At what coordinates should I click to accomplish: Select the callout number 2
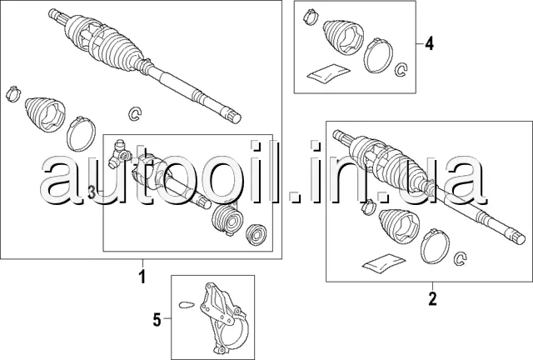[x=432, y=296]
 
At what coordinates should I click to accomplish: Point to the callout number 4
[x=429, y=43]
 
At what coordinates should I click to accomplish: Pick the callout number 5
[x=156, y=317]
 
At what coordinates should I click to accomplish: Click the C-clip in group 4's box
[x=400, y=69]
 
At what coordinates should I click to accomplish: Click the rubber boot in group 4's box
[x=341, y=37]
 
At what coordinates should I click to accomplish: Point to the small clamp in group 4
[x=311, y=14]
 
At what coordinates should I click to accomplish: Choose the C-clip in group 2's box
[x=458, y=264]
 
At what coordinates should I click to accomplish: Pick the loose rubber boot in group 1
[x=43, y=117]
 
